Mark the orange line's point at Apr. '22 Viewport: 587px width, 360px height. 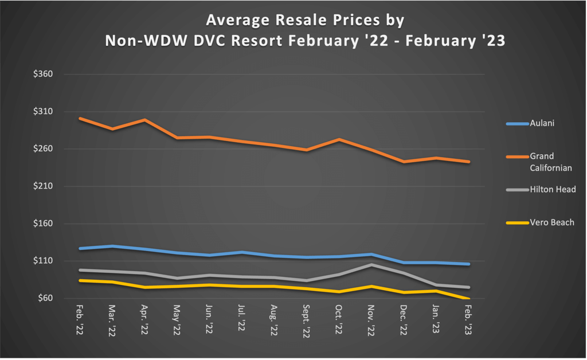coord(144,120)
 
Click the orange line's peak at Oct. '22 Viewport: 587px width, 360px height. coord(339,139)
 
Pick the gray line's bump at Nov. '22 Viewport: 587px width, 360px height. coord(372,264)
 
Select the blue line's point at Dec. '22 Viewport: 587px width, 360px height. coord(405,263)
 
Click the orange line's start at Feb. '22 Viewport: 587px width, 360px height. coord(80,118)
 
